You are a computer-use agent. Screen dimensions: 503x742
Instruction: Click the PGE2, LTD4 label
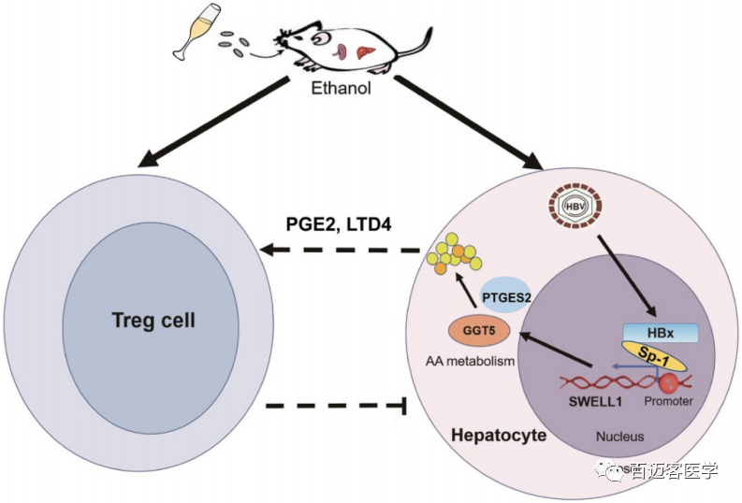[338, 226]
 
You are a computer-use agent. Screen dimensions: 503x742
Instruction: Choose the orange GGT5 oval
[475, 330]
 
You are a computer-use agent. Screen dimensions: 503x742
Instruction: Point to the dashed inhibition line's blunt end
[403, 406]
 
